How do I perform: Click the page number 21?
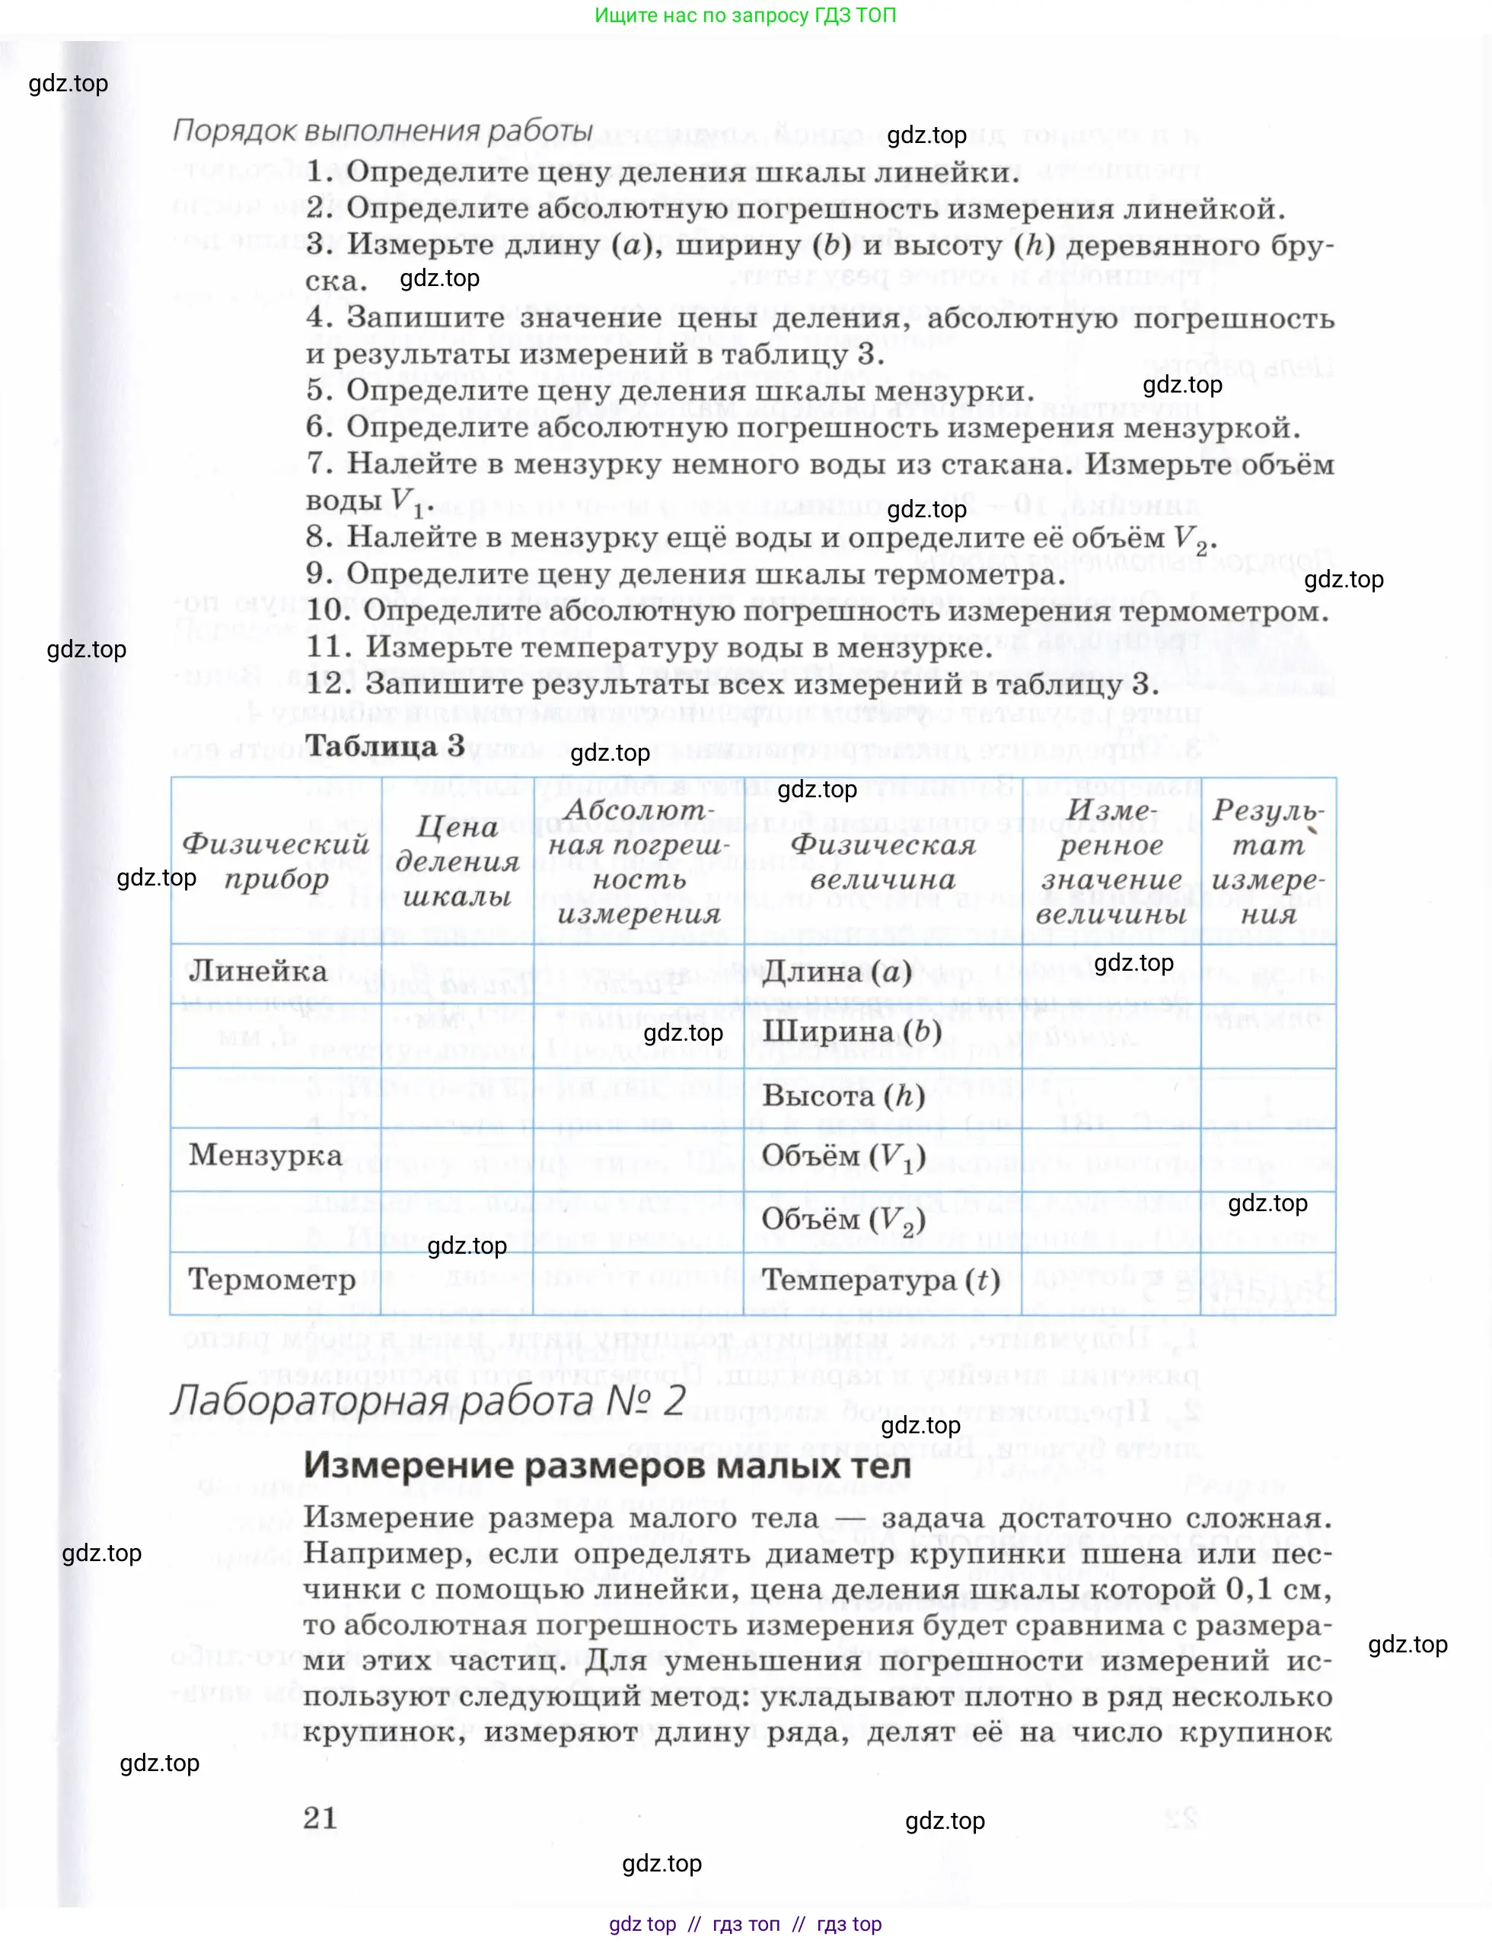point(320,1817)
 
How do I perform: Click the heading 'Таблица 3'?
point(384,745)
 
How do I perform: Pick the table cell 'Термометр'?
point(272,1279)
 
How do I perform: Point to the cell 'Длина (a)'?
point(837,973)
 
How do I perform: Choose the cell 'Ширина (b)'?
point(852,1032)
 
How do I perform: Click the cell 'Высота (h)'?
point(843,1096)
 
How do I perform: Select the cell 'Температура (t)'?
point(880,1280)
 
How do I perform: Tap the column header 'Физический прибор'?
point(276,861)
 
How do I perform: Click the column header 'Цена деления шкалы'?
point(457,861)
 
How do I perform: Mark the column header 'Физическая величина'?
point(883,861)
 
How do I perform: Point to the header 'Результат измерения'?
point(1268,861)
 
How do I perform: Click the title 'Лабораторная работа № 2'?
point(428,1401)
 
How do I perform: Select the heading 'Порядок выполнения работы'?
point(383,131)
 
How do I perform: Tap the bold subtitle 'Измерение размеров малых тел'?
point(607,1465)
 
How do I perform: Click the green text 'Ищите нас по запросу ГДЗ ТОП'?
point(745,15)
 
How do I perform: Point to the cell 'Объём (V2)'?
point(843,1220)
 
